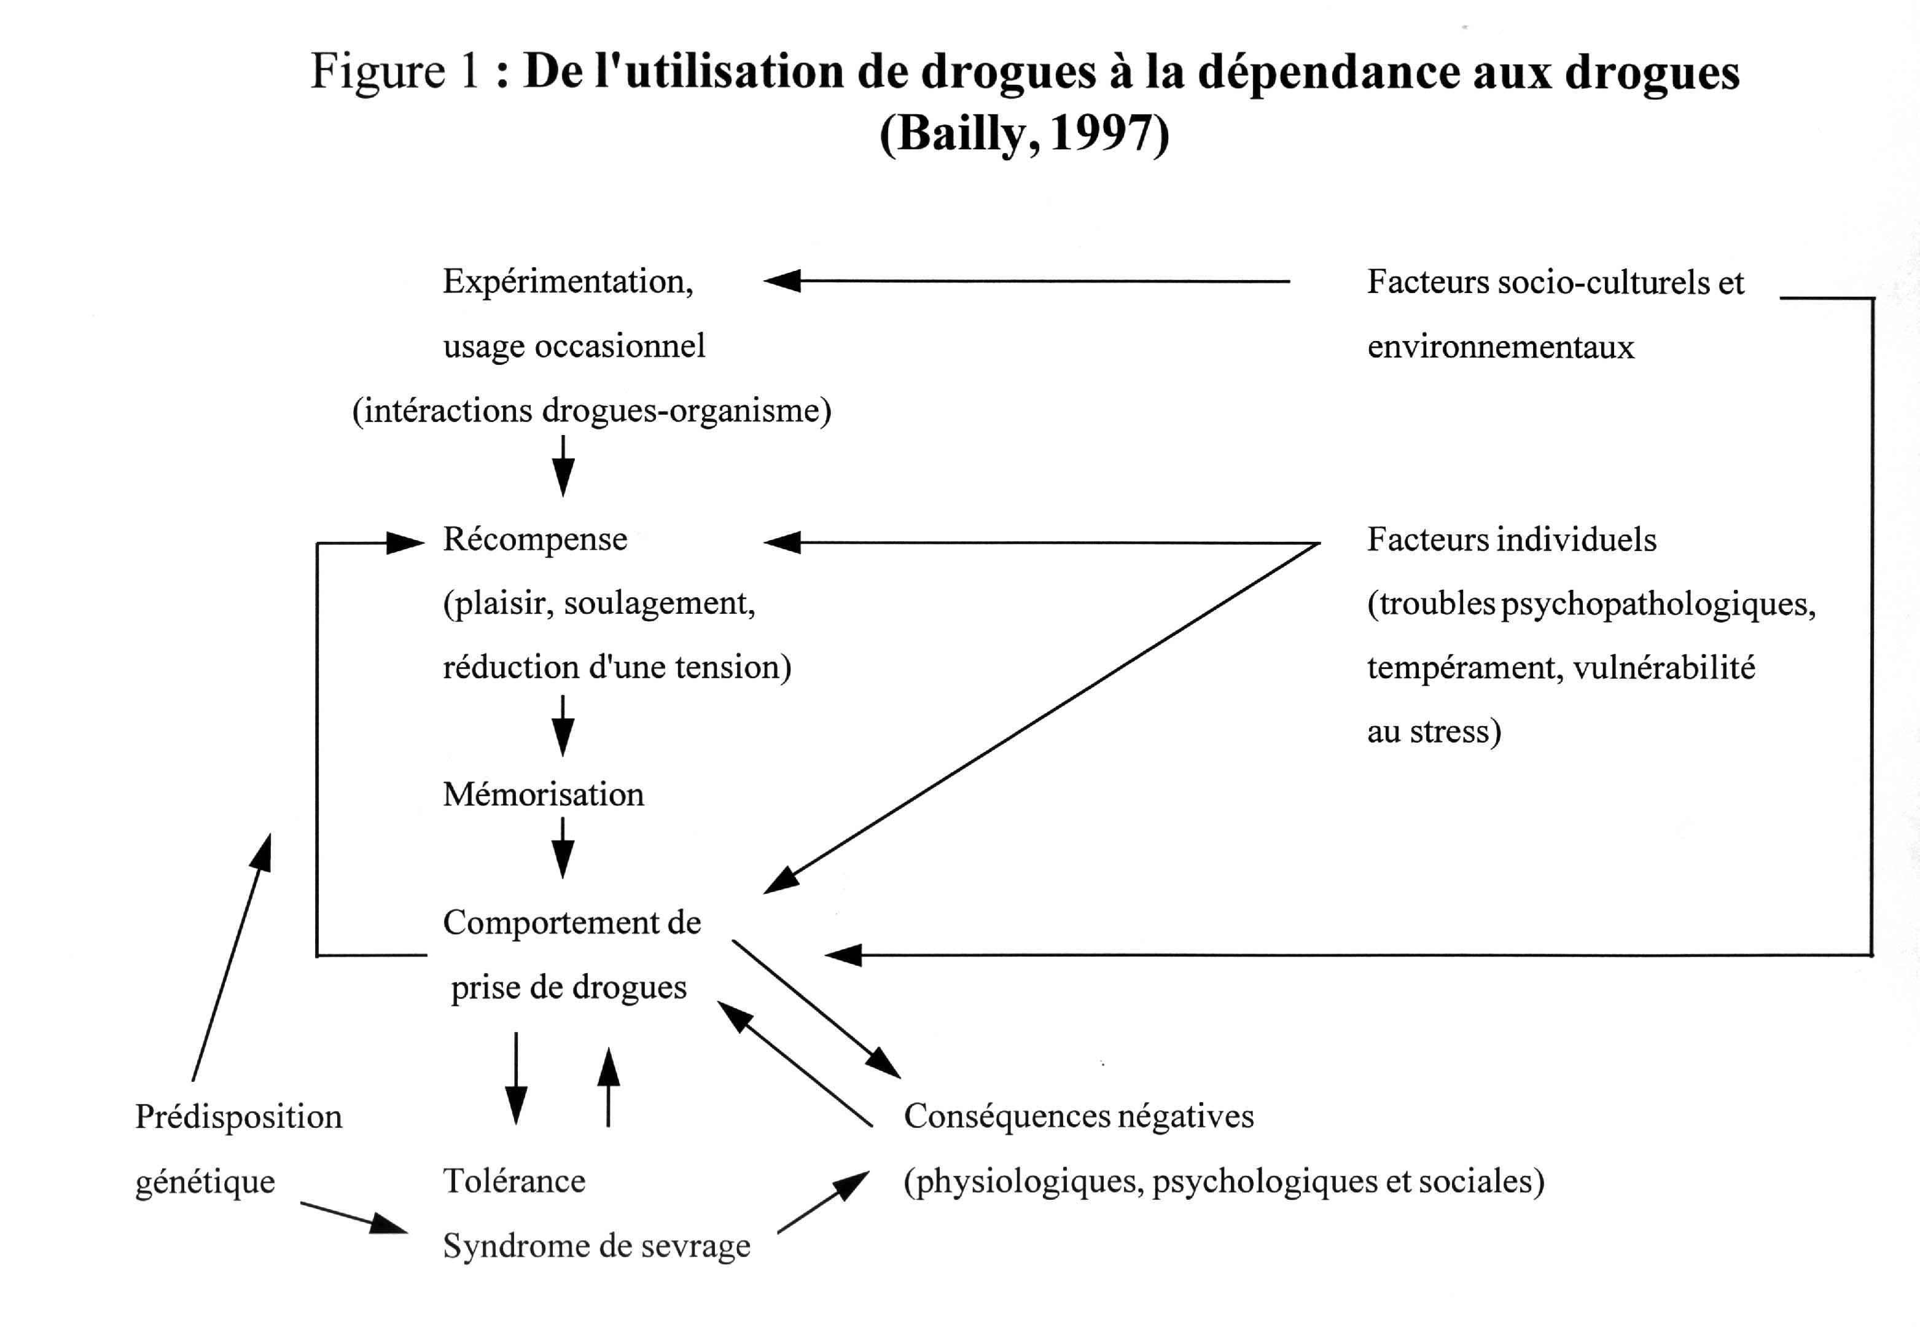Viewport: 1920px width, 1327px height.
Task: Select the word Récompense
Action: click(x=534, y=539)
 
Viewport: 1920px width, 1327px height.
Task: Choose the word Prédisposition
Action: click(x=238, y=1116)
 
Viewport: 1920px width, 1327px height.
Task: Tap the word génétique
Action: click(x=205, y=1181)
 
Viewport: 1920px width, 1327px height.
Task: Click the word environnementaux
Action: click(x=1500, y=346)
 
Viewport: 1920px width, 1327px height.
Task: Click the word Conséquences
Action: click(x=1005, y=1116)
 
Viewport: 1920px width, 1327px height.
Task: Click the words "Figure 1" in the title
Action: click(x=395, y=71)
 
